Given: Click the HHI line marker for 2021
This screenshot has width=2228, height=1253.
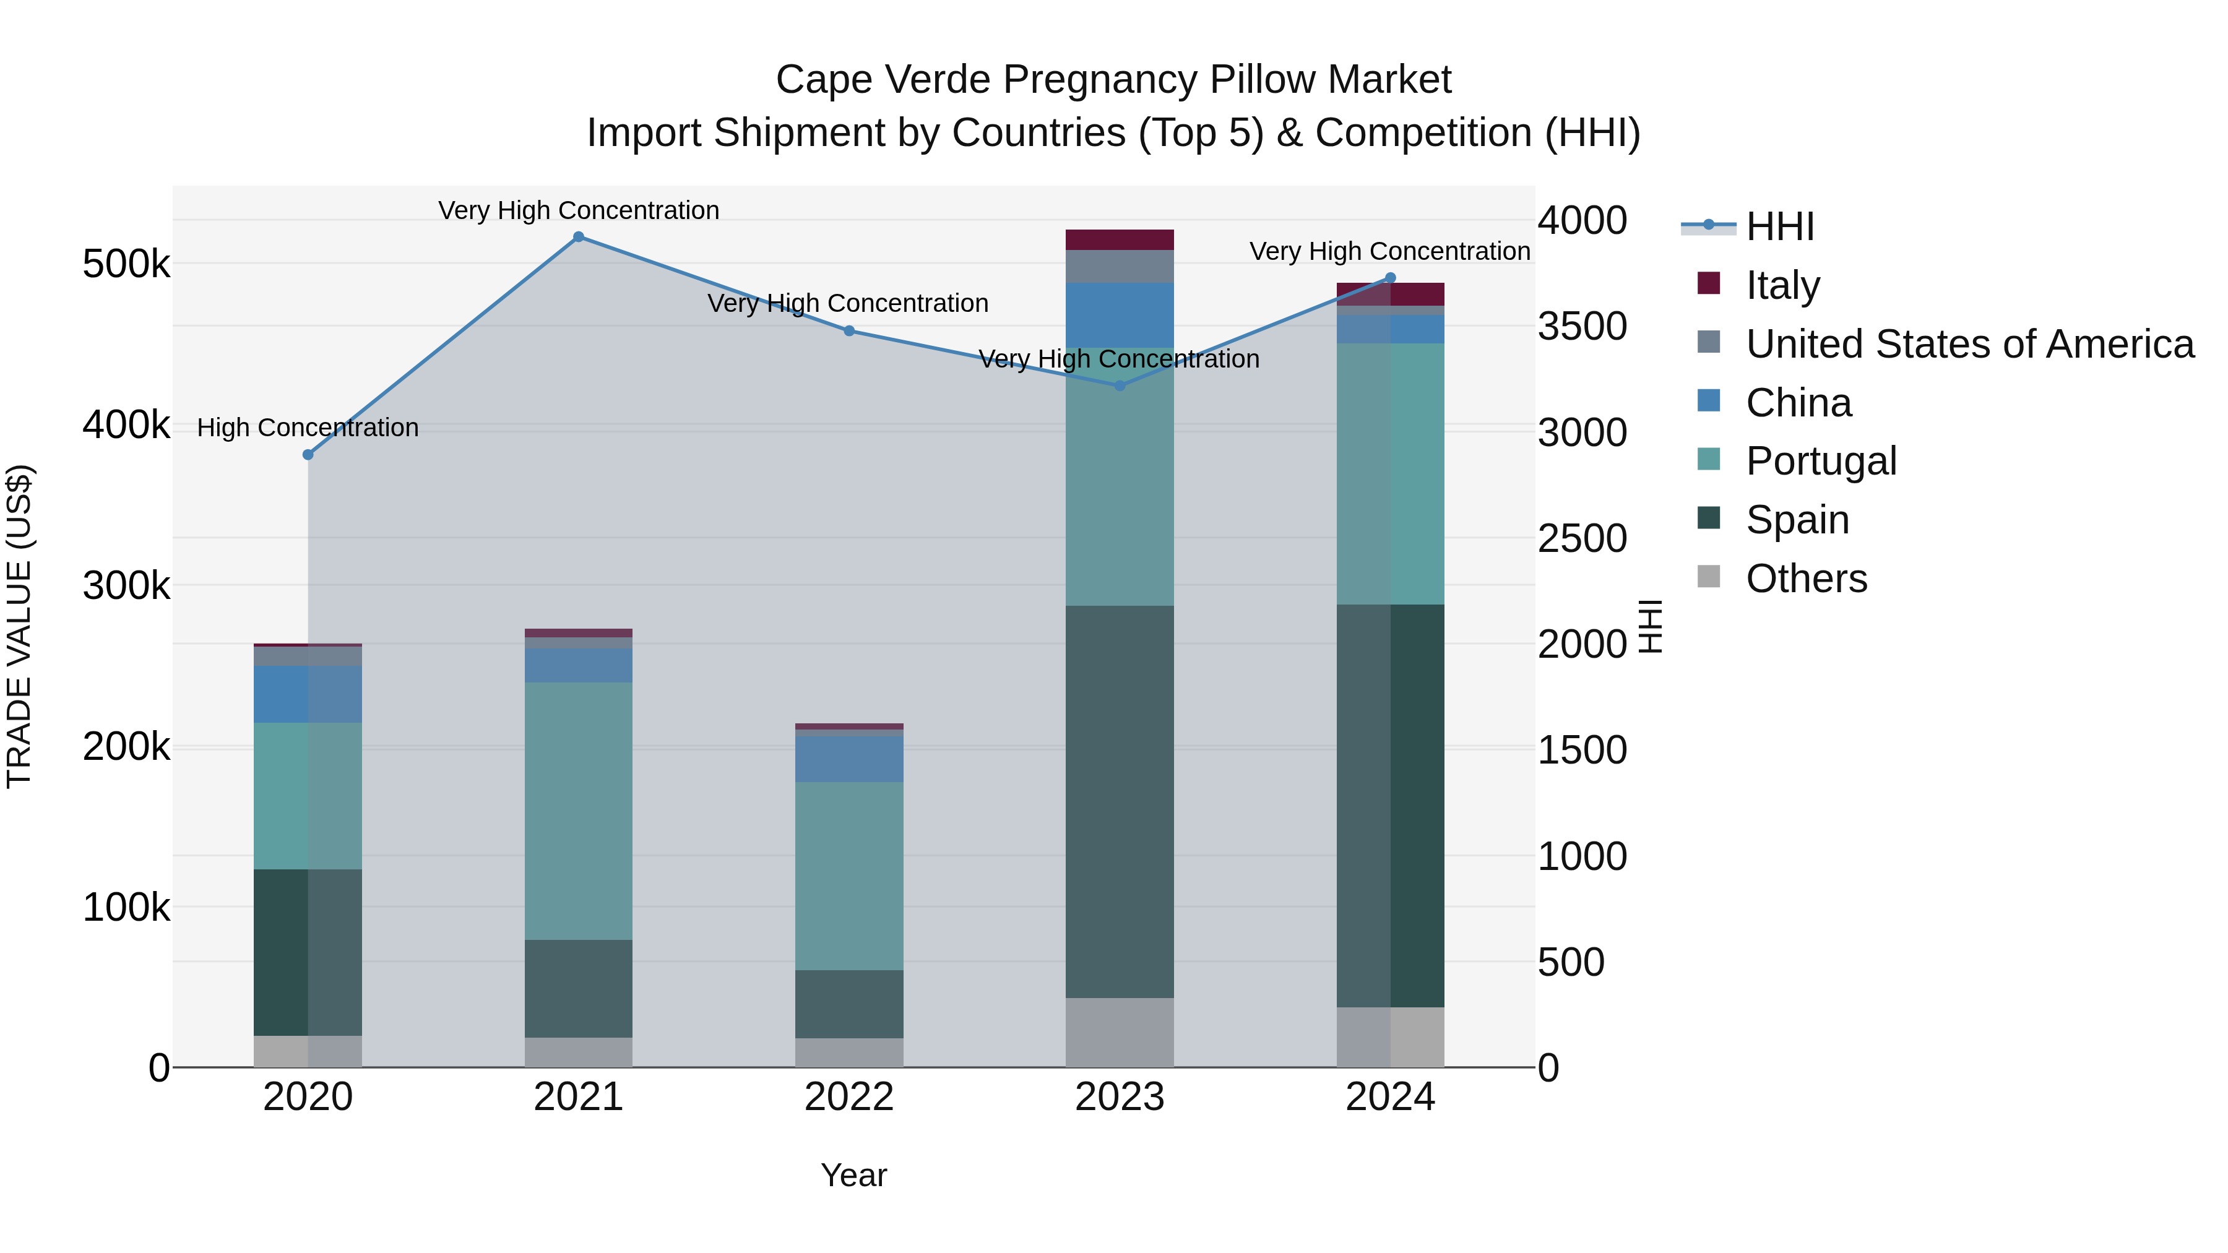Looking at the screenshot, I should pyautogui.click(x=579, y=237).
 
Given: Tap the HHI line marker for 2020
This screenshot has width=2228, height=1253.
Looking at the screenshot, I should pyautogui.click(x=308, y=455).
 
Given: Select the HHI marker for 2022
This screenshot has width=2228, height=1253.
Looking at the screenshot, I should pyautogui.click(x=849, y=331).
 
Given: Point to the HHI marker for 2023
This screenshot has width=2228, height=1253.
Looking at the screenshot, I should pyautogui.click(x=1119, y=385).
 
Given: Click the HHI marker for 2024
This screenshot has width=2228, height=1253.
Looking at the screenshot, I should pyautogui.click(x=1391, y=278).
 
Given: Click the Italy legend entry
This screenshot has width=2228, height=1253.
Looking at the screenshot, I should pyautogui.click(x=1782, y=285).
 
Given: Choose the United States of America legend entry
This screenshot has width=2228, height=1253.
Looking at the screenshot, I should pyautogui.click(x=1969, y=344).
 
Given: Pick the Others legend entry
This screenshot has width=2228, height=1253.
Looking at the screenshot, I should pyautogui.click(x=1806, y=579).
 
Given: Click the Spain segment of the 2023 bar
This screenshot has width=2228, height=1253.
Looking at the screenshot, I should pyautogui.click(x=1119, y=801).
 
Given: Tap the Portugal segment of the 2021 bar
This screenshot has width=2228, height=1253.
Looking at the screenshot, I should pyautogui.click(x=579, y=811).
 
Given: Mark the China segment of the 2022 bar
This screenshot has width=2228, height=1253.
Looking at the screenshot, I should pyautogui.click(x=849, y=759).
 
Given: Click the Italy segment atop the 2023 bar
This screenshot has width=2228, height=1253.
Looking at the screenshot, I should pyautogui.click(x=1119, y=239).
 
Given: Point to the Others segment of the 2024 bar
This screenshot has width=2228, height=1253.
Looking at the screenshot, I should pyautogui.click(x=1391, y=1037).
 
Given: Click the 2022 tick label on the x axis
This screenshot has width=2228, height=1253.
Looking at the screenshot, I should pyautogui.click(x=849, y=1097).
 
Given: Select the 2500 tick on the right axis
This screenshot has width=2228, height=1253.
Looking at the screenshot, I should pyautogui.click(x=1582, y=539).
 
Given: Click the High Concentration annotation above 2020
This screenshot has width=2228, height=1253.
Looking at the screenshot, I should pyautogui.click(x=308, y=428).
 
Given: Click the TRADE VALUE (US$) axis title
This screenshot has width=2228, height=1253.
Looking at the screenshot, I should pyautogui.click(x=20, y=626).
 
